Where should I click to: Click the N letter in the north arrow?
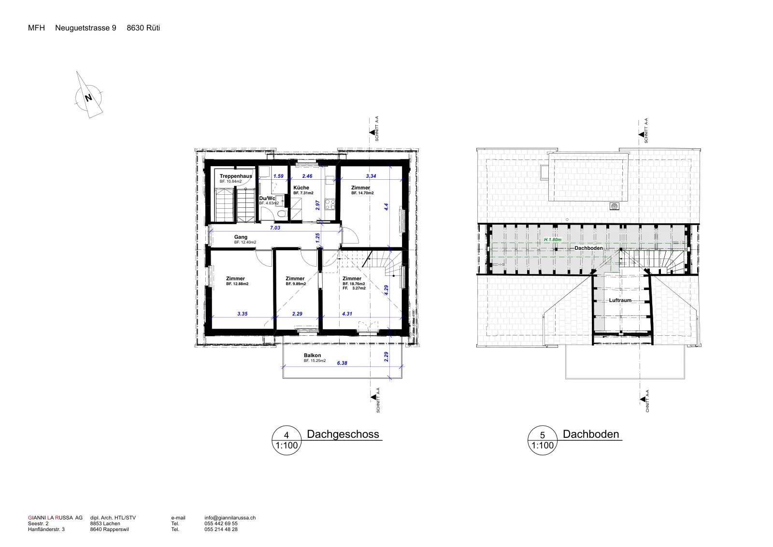88,98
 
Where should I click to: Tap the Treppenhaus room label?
236,176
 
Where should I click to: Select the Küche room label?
301,188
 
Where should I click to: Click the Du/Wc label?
267,199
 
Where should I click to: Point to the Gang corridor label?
241,237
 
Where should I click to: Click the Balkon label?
312,356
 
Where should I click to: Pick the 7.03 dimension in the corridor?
275,228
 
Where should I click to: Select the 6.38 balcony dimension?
342,363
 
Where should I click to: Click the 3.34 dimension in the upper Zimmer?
371,176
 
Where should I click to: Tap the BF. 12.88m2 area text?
237,284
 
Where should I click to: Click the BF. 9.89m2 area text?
296,284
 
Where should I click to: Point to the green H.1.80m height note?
553,240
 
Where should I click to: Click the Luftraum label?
620,300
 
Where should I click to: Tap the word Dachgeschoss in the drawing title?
343,434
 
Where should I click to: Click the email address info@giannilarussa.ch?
230,518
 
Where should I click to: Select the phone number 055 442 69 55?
221,523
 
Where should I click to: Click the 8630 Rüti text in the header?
143,28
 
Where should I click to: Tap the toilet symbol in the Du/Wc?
282,214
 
